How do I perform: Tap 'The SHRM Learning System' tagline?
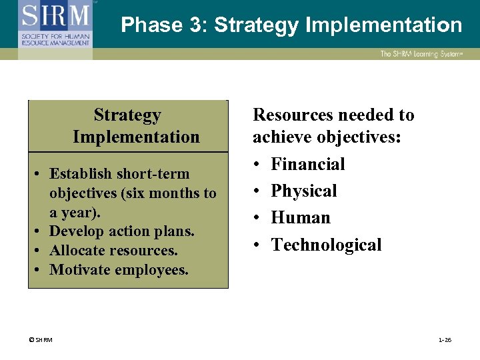tap(421, 54)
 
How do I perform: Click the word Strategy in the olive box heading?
tap(127, 115)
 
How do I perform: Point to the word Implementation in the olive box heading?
tap(136, 137)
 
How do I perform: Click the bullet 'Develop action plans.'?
tap(122, 231)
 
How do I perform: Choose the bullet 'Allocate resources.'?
tap(113, 251)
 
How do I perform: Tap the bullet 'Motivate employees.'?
tap(119, 270)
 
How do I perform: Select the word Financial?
tap(307, 164)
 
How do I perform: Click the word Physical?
tap(303, 191)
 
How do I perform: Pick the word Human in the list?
tap(300, 218)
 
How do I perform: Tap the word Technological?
tap(326, 245)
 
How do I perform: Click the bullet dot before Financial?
tap(257, 165)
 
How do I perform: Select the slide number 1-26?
tap(445, 340)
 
